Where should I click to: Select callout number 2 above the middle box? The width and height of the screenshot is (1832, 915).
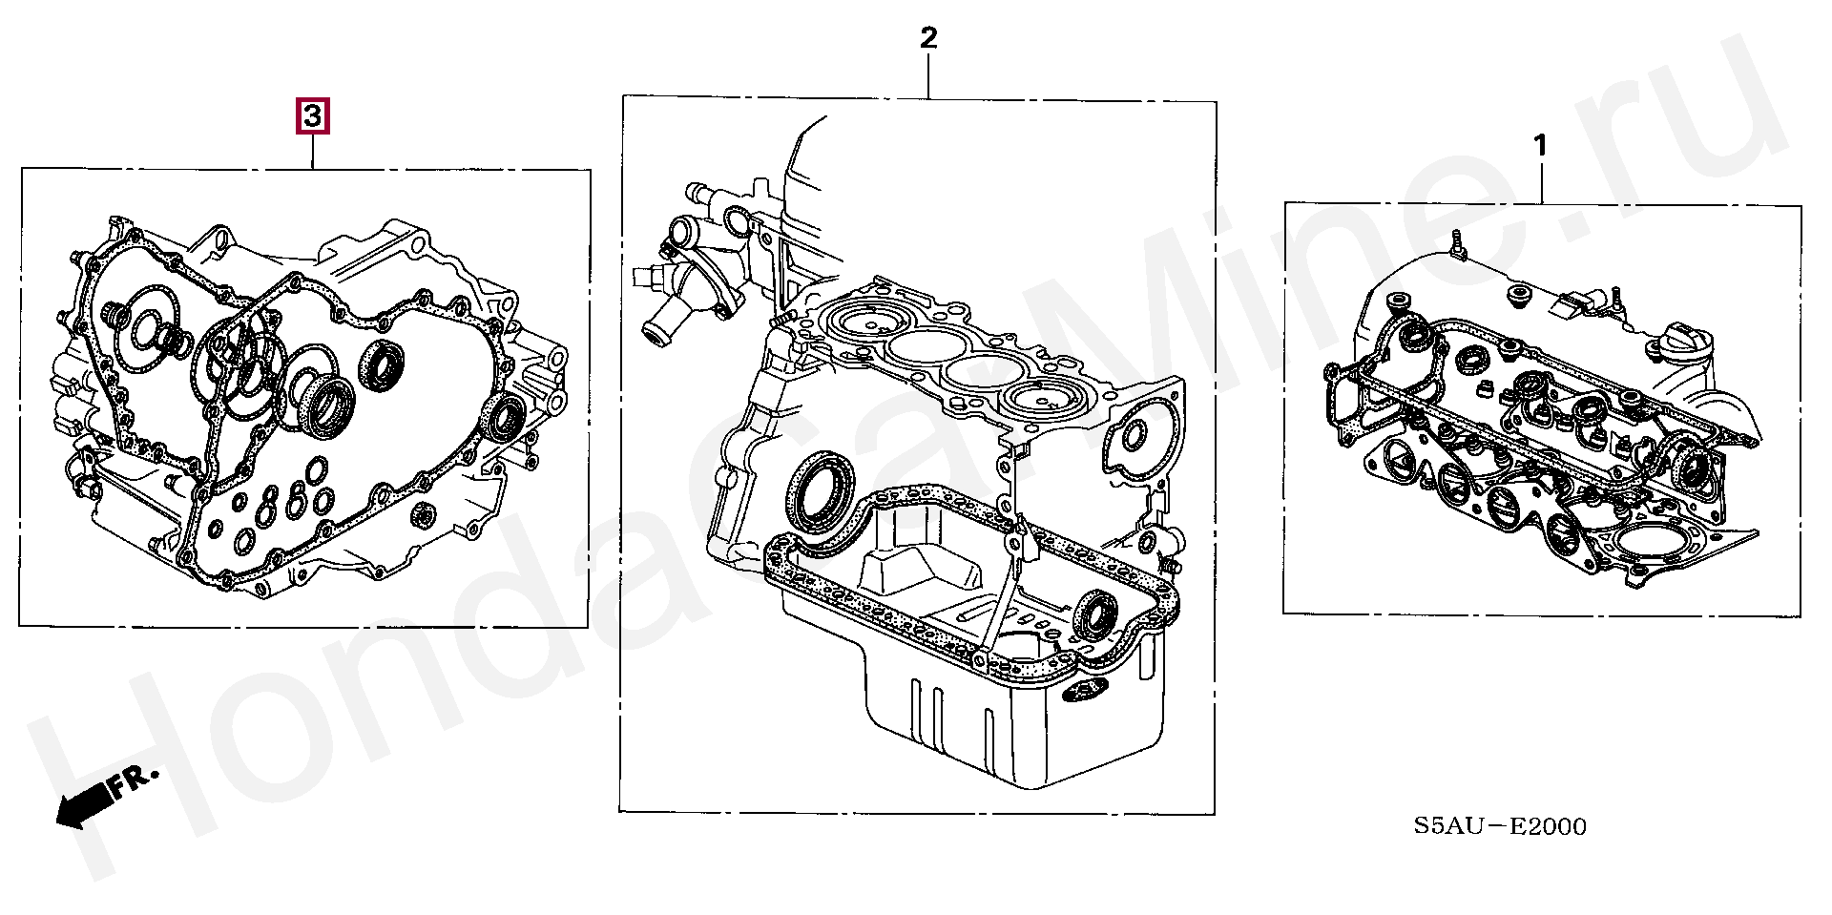click(x=928, y=38)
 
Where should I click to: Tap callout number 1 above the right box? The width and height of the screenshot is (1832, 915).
click(x=1539, y=146)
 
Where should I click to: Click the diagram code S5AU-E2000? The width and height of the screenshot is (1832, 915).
click(x=1501, y=826)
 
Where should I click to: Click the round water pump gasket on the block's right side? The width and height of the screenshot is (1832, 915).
click(x=1134, y=435)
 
